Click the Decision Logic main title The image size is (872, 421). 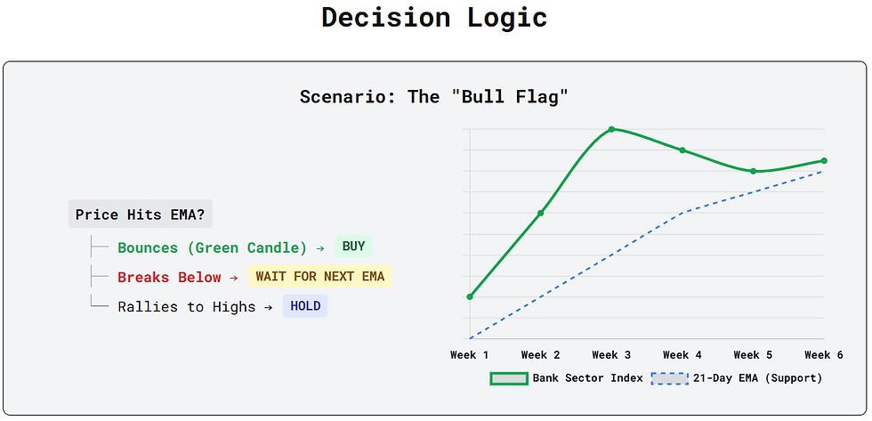(x=434, y=17)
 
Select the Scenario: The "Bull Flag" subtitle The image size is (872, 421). (x=434, y=97)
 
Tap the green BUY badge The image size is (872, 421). (x=353, y=247)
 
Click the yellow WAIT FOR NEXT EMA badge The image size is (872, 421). (x=319, y=277)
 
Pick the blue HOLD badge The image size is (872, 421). (x=305, y=306)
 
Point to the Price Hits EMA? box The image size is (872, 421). (x=141, y=215)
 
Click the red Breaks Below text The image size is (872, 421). (x=169, y=277)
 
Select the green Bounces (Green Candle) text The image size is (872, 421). (x=212, y=248)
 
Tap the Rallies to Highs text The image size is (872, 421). (x=186, y=307)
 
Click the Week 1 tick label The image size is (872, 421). (x=470, y=355)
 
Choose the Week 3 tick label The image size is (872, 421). (x=611, y=355)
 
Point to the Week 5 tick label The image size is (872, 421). (x=753, y=355)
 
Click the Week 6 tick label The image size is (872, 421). (x=824, y=355)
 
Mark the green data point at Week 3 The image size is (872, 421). (x=611, y=129)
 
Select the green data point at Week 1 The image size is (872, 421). (x=470, y=296)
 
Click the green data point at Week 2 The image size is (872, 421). (x=541, y=213)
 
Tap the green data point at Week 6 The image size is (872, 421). (x=824, y=161)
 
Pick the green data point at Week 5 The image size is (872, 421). (x=753, y=171)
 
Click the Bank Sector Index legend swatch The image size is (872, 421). (x=508, y=378)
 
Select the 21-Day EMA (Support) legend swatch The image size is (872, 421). (x=669, y=378)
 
